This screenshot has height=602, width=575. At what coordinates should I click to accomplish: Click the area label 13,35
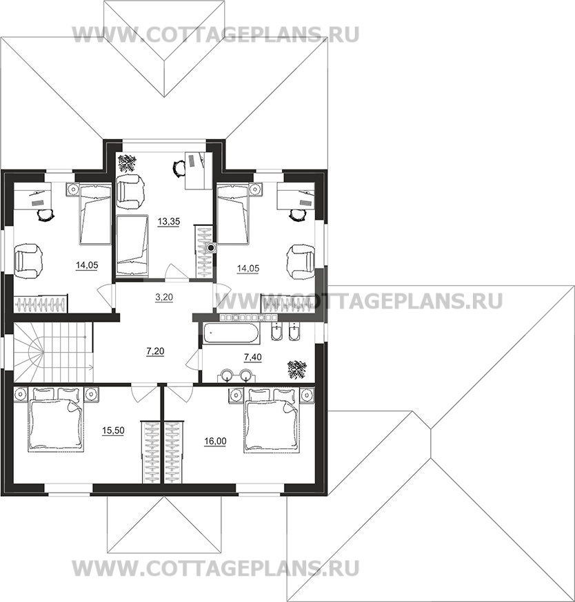pos(169,222)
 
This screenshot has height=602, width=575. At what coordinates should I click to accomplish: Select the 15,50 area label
pos(113,430)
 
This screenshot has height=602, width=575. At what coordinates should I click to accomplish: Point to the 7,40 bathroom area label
pos(253,357)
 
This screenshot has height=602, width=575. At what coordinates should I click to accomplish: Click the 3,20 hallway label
pos(164,297)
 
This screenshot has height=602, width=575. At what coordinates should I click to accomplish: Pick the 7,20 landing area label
pos(155,351)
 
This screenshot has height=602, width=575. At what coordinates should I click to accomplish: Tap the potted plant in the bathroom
pos(297,369)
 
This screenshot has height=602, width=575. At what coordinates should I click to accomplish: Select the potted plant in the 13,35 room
pos(127,163)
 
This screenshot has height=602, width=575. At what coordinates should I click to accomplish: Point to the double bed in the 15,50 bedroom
pos(56,419)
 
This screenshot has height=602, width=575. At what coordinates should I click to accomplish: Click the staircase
pos(53,352)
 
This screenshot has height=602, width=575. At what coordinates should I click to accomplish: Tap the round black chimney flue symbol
pos(211,248)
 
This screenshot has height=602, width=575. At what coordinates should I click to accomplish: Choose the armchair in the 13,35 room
pos(131,187)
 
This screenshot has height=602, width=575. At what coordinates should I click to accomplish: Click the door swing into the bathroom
pos(194,360)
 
